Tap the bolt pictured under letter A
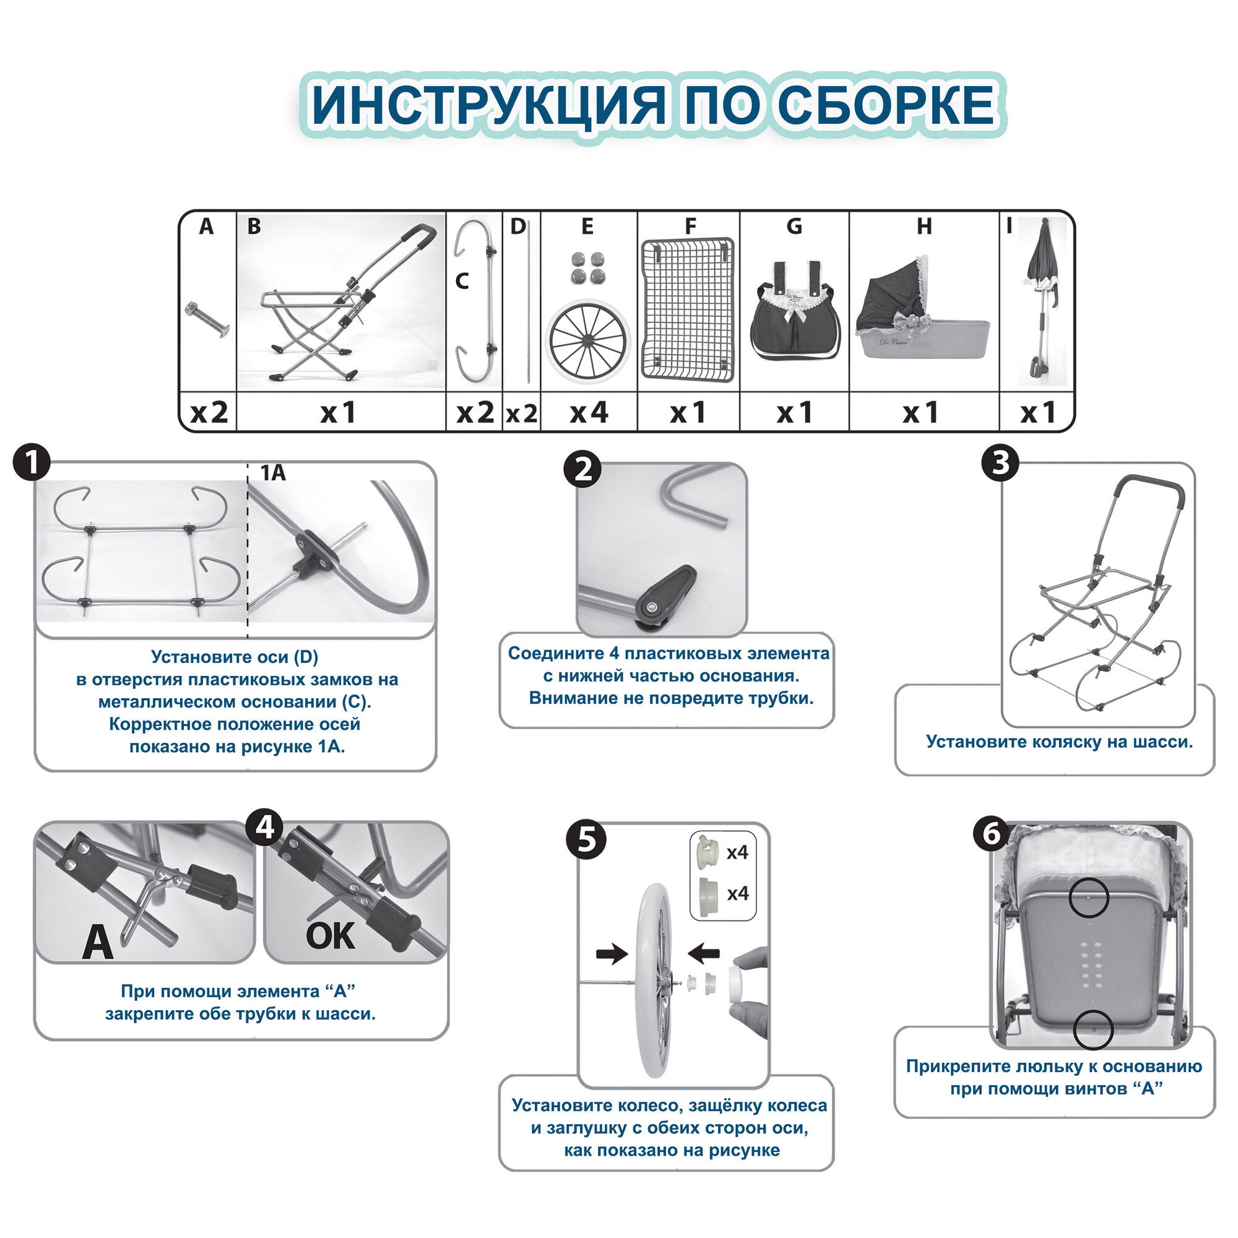coord(206,319)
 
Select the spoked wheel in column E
coord(587,340)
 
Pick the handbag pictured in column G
coord(794,314)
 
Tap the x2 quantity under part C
coord(475,413)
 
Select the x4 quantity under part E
coord(588,413)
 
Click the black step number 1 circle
coord(32,462)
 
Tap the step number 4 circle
coord(265,827)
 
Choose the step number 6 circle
coord(991,834)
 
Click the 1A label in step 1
coord(272,473)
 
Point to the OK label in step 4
coord(329,936)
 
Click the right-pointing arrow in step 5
coord(612,953)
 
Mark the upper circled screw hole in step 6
coord(1088,898)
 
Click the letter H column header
coord(924,226)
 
